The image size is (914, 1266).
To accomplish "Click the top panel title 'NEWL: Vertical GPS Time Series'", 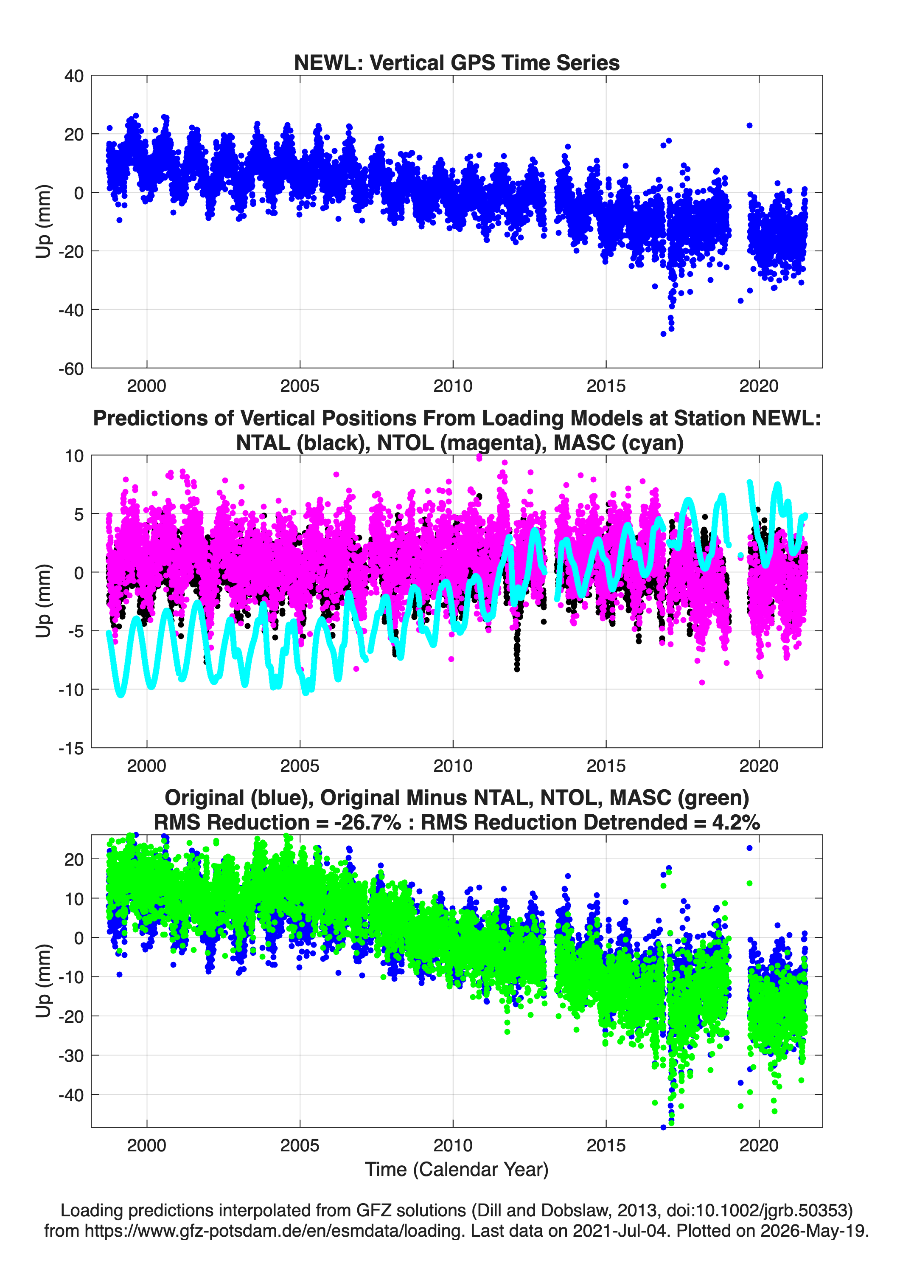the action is tap(457, 62).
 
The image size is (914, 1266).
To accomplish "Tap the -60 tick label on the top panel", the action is tap(71, 369).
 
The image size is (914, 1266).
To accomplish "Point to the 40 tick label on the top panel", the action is tap(74, 76).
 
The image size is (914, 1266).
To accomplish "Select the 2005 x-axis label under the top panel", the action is tap(300, 386).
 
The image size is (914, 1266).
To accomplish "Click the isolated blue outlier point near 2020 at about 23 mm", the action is tap(749, 126).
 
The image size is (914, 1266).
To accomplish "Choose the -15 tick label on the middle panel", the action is tap(71, 748).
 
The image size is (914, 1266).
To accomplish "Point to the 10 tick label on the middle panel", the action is tap(74, 456).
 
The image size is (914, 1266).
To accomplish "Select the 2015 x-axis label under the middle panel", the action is tap(606, 765).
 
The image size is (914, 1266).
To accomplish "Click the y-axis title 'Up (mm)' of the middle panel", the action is tap(44, 601).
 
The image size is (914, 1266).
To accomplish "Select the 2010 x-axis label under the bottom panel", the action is tap(452, 1145).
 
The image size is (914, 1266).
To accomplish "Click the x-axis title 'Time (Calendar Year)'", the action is tap(457, 1170).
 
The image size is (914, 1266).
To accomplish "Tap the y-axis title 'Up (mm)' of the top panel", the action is tap(44, 221).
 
